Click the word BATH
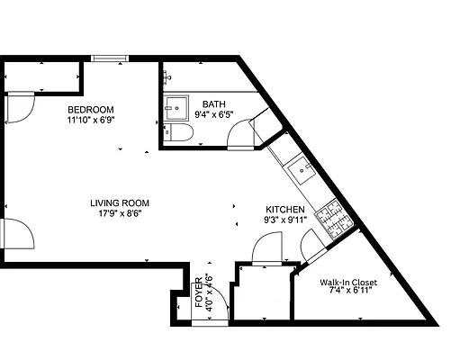214,104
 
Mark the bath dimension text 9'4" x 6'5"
214,115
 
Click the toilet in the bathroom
179,135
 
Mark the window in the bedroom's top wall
109,59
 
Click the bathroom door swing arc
239,136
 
